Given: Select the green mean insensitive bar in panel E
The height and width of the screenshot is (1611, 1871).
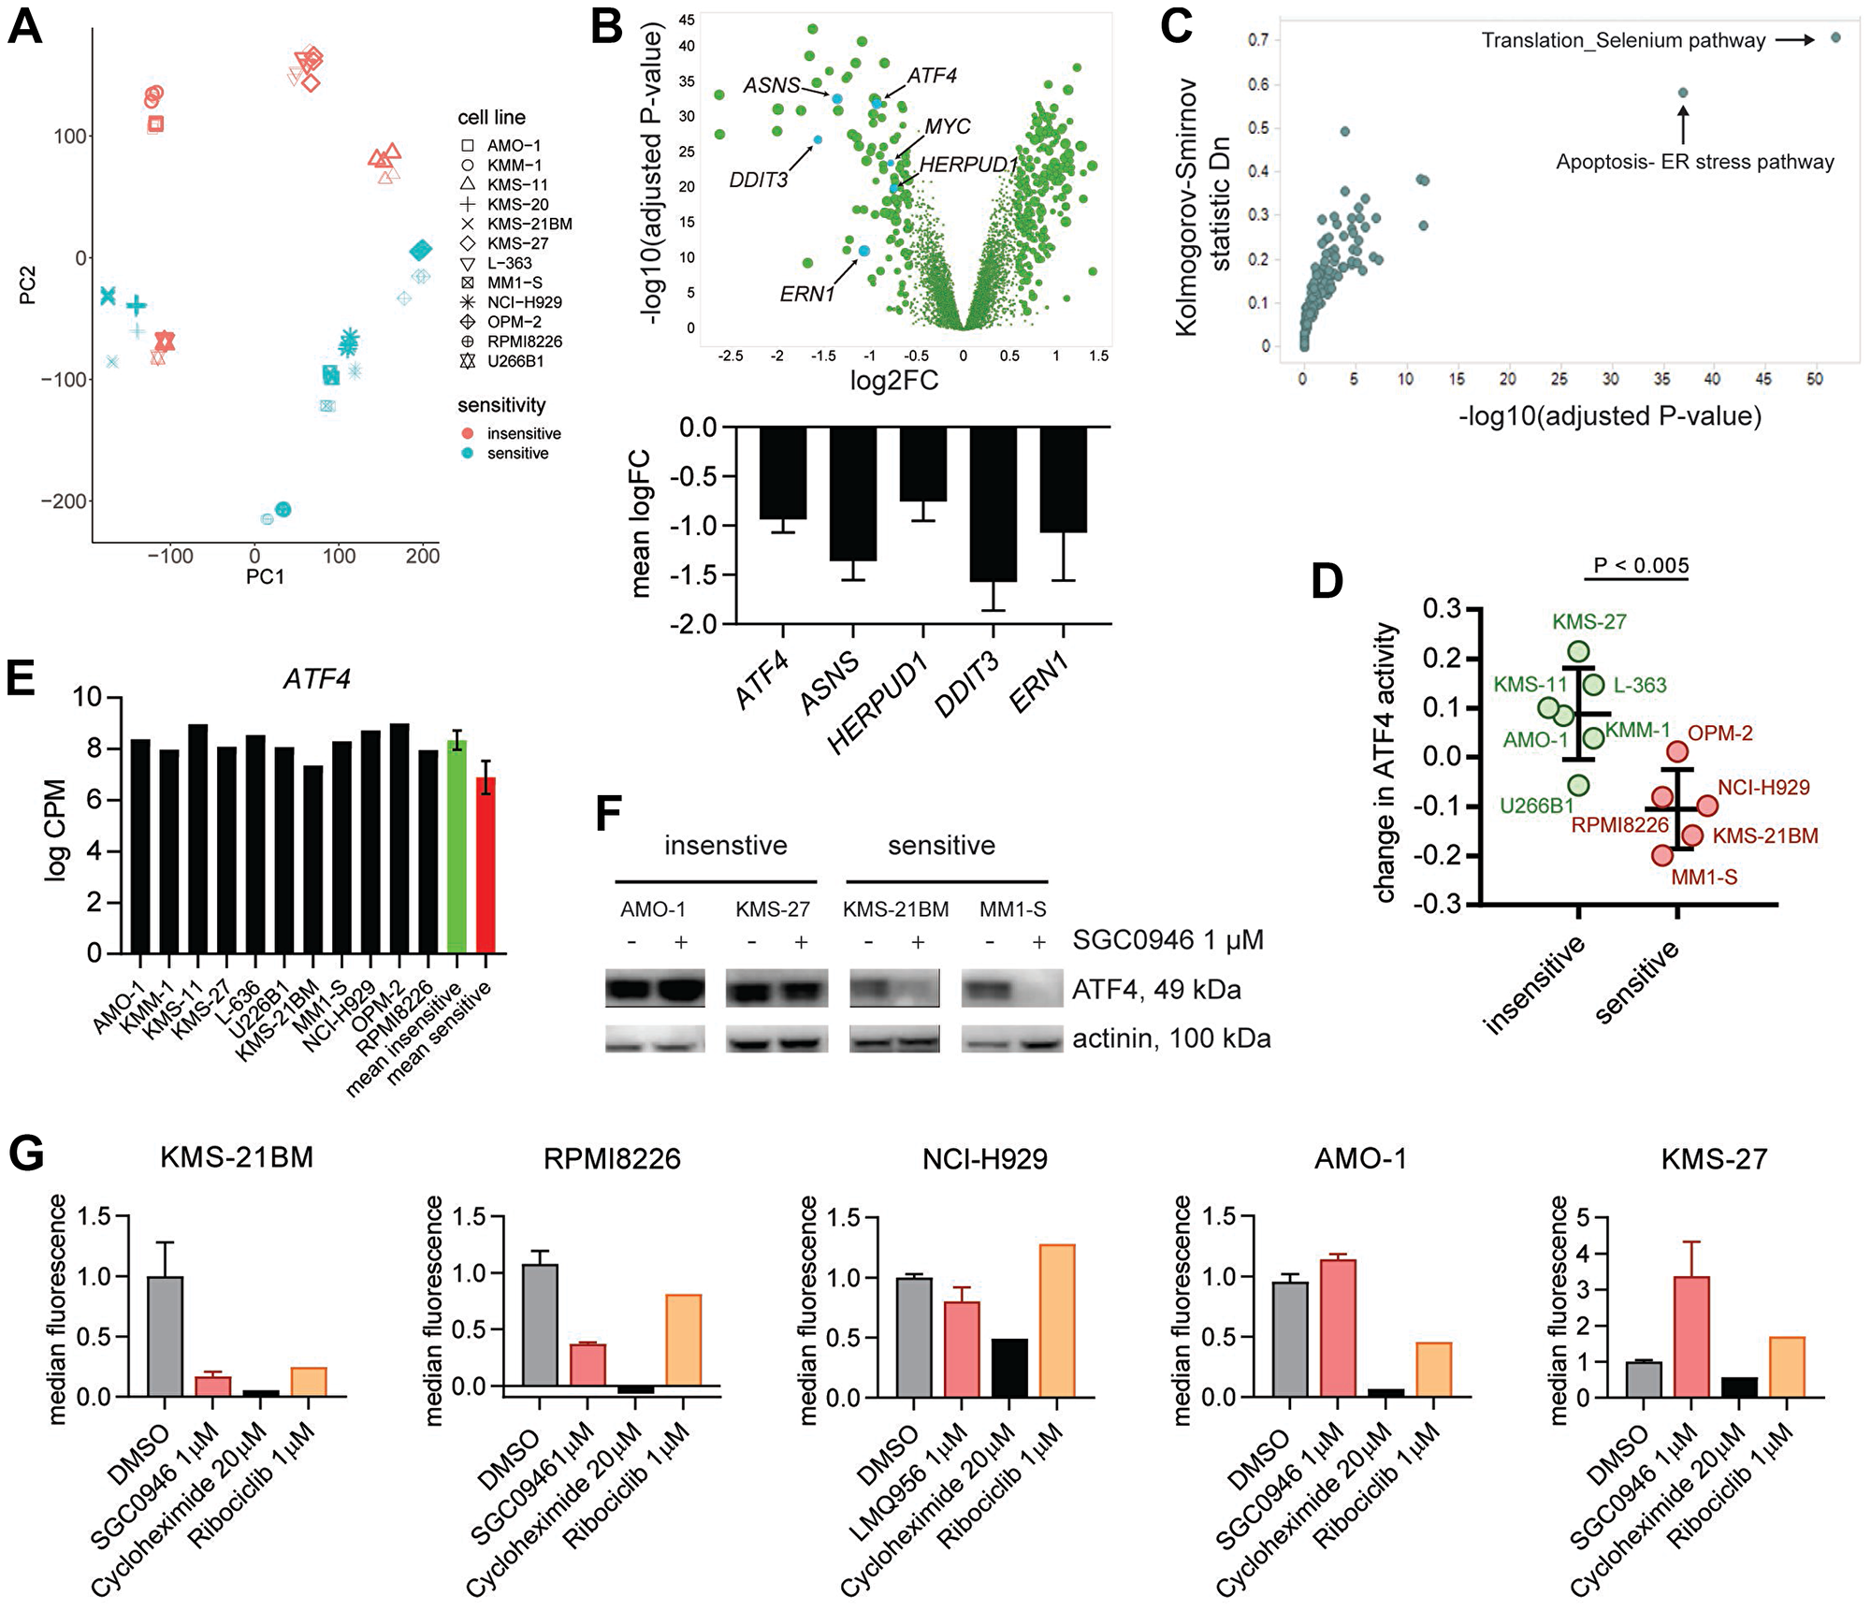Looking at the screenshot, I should tap(457, 846).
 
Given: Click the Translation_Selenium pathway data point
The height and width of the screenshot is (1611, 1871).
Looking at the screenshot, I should tap(1835, 38).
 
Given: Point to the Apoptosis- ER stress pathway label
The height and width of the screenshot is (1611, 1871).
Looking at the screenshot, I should tap(1694, 162).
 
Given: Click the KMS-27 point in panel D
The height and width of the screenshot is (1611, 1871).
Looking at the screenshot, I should tap(1578, 652).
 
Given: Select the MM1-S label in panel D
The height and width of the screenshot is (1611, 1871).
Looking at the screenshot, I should tap(1704, 878).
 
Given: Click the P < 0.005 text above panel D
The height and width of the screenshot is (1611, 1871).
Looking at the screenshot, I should tap(1641, 565).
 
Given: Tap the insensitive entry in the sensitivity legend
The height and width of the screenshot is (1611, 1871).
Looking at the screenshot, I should tap(523, 434).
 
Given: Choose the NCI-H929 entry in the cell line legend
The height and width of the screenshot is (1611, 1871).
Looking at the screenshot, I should tap(524, 302).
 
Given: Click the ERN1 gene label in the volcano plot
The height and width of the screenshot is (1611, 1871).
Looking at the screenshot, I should tap(806, 295).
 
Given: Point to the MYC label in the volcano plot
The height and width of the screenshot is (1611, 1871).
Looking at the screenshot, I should tap(947, 126).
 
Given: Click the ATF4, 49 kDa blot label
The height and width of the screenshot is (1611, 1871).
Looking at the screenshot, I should tap(1155, 990).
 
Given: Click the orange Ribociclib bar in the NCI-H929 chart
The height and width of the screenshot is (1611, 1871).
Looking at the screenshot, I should tap(1057, 1319).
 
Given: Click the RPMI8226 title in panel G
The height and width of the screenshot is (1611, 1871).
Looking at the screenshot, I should tap(612, 1159).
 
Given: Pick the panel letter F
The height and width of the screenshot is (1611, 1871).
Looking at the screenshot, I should tap(608, 812).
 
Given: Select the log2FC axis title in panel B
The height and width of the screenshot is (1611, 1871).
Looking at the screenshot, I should tap(893, 381).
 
